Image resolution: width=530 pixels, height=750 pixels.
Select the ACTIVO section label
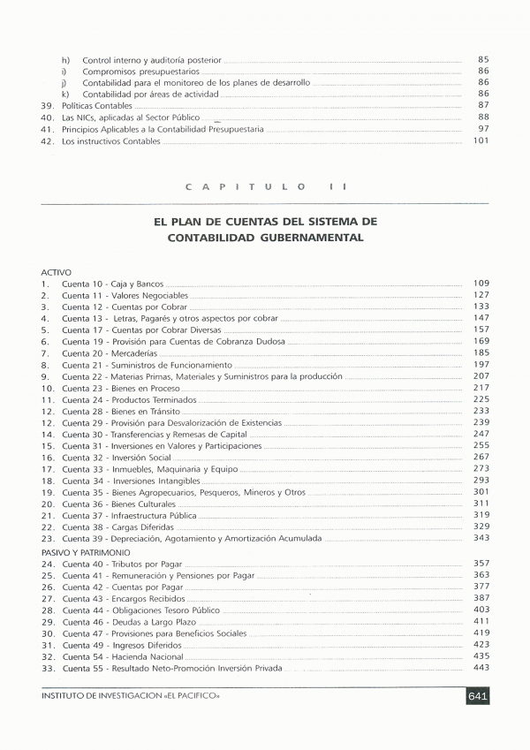pyautogui.click(x=56, y=272)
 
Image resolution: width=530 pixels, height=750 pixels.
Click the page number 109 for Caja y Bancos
pyautogui.click(x=481, y=283)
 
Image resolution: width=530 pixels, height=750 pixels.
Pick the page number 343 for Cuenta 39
pyautogui.click(x=481, y=537)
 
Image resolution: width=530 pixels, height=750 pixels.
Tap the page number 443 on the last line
pyautogui.click(x=481, y=667)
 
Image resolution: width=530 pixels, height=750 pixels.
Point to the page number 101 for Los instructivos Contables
pyautogui.click(x=481, y=140)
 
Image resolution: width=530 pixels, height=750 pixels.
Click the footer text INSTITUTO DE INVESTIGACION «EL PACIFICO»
pyautogui.click(x=130, y=696)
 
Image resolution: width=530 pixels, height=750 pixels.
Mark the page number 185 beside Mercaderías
pyautogui.click(x=481, y=352)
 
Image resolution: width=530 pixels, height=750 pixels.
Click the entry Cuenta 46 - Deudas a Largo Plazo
pyautogui.click(x=125, y=622)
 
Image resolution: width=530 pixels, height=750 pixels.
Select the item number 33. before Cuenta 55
pyautogui.click(x=48, y=668)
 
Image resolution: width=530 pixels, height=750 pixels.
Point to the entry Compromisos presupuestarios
pyautogui.click(x=141, y=71)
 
